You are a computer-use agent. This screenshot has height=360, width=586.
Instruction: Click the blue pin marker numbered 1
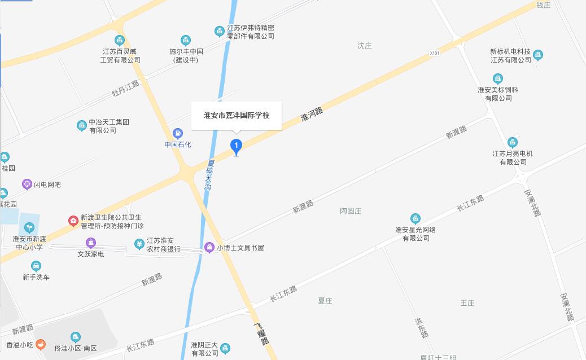click(237, 146)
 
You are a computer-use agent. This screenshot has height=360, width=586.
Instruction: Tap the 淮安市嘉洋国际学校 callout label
click(237, 116)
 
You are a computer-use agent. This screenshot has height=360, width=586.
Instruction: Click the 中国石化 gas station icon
click(178, 134)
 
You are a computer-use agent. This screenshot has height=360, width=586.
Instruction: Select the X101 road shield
click(434, 53)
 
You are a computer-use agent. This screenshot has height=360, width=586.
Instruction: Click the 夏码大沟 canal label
click(209, 174)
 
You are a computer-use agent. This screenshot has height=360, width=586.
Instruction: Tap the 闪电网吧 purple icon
click(27, 184)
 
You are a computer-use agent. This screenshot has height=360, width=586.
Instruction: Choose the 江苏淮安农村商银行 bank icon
click(139, 244)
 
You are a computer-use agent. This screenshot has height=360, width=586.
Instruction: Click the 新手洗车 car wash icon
click(36, 266)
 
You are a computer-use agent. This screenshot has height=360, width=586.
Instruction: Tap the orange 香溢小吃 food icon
click(40, 344)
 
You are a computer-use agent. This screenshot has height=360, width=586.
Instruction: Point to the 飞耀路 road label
click(260, 333)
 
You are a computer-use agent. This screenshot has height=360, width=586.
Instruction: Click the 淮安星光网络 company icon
click(416, 219)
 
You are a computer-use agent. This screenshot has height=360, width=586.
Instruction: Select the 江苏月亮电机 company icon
click(512, 142)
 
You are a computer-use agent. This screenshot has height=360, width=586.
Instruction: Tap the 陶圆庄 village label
click(351, 211)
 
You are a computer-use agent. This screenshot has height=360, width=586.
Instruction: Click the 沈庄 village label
click(365, 46)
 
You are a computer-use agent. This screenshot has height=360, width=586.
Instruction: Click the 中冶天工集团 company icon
click(82, 125)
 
